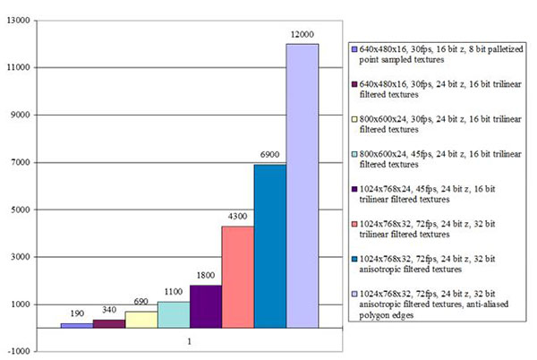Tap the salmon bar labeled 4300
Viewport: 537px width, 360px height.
(237, 277)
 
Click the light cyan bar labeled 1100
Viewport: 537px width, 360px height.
(173, 314)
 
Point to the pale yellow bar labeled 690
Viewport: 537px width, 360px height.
(141, 320)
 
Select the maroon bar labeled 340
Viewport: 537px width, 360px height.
(108, 323)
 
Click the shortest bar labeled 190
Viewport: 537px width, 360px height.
(76, 325)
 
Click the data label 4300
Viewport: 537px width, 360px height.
(237, 217)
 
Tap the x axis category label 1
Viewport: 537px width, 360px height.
(189, 341)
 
